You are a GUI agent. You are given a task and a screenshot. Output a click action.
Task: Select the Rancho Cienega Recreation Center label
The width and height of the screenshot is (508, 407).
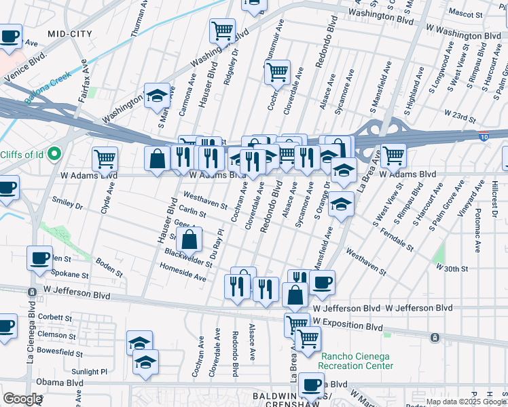[x=357, y=361]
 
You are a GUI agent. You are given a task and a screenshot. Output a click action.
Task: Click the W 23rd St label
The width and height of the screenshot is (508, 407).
[x=458, y=114]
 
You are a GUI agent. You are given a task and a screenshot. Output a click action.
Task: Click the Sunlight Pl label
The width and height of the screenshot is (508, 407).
[x=91, y=372]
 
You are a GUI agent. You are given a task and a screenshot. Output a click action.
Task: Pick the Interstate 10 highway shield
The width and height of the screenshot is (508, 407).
[x=483, y=136]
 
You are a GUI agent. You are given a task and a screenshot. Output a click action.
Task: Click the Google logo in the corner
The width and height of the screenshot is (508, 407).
[x=22, y=399]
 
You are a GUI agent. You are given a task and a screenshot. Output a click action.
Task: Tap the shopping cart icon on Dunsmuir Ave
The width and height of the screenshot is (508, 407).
[x=277, y=71]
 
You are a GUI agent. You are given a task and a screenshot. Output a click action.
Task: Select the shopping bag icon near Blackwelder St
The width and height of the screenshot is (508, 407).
[x=190, y=239]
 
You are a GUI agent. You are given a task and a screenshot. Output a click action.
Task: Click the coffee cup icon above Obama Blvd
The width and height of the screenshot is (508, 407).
[x=312, y=385]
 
